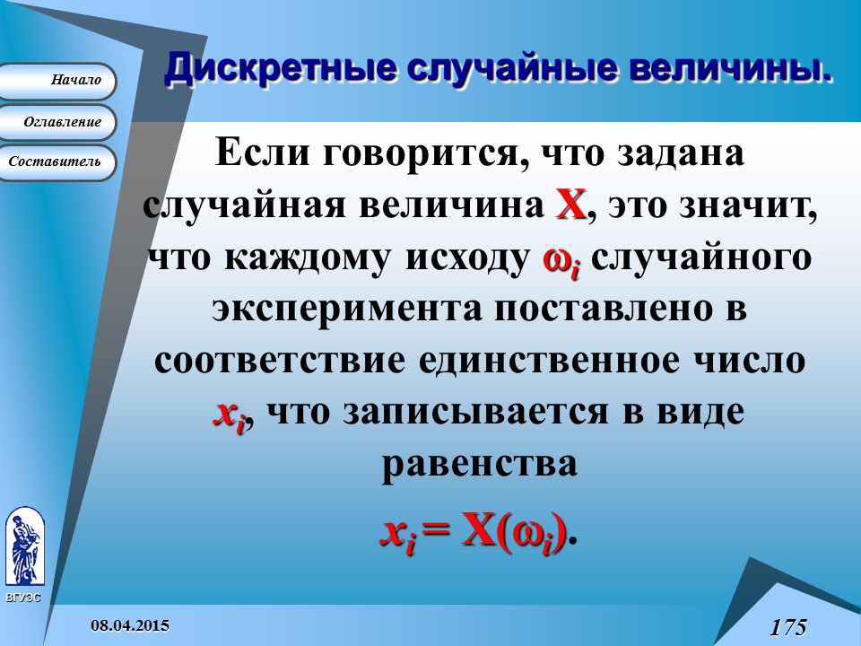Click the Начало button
pyautogui.click(x=58, y=81)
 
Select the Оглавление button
pyautogui.click(x=58, y=122)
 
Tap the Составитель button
pyautogui.click(x=58, y=162)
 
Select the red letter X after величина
pyautogui.click(x=571, y=205)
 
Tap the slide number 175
pyautogui.click(x=787, y=626)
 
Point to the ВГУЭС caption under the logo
pyautogui.click(x=23, y=598)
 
